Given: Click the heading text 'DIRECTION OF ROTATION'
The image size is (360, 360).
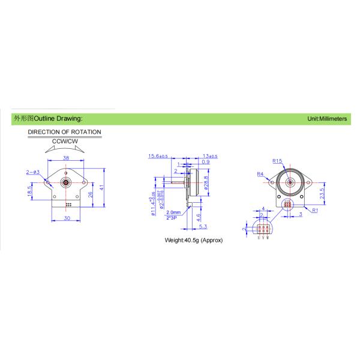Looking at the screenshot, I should [65, 132].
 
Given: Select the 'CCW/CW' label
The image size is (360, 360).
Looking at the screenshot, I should [65, 141].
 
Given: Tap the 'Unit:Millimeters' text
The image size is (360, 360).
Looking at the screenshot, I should [327, 119].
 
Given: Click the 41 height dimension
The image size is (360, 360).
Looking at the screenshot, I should [103, 188].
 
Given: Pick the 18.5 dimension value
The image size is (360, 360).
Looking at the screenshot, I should [29, 190].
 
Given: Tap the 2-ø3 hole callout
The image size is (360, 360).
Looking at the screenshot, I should [33, 172].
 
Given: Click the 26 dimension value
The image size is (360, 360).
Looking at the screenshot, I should [91, 194].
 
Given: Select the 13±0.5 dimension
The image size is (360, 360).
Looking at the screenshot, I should [210, 156].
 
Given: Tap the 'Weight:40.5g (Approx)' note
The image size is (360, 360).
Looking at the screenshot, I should [194, 240].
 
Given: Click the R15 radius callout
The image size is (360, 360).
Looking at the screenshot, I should [277, 161].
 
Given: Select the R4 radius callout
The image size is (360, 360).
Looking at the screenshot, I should [260, 174].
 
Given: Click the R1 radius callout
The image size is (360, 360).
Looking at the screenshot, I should [314, 210].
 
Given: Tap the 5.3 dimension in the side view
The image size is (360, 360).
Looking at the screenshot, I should [203, 227].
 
